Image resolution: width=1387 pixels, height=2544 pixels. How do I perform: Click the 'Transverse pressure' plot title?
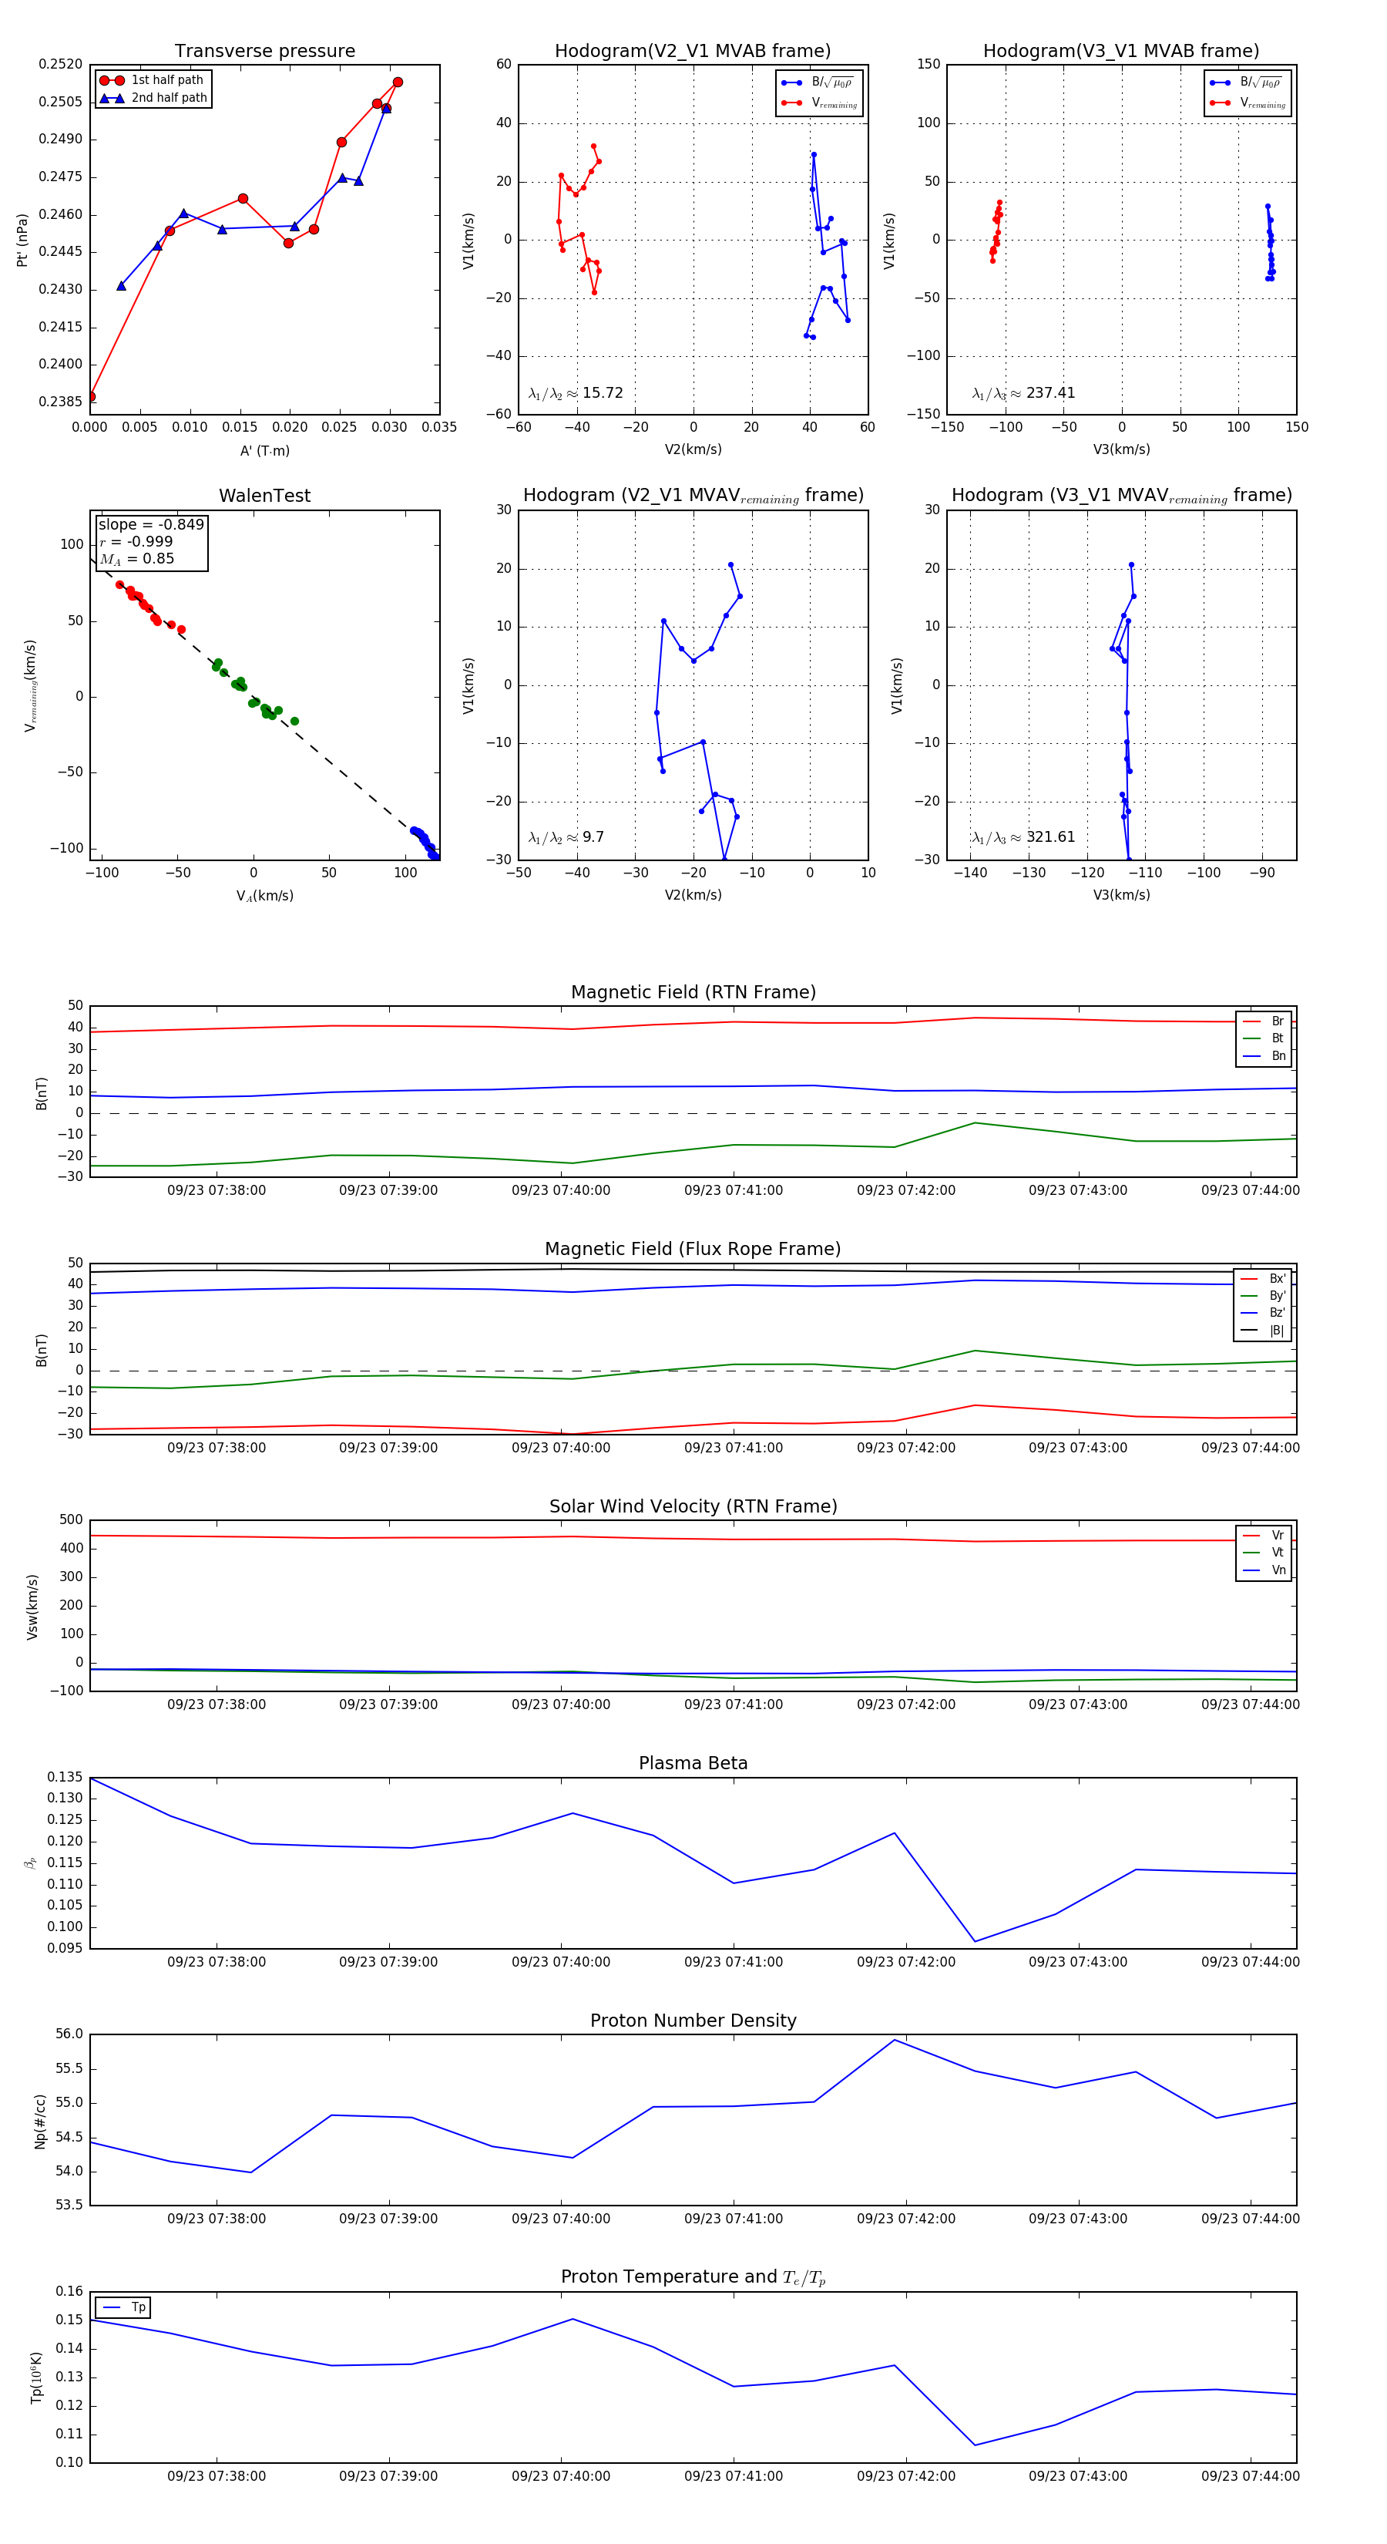coord(264,52)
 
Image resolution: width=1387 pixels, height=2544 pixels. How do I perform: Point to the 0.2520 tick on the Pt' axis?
coord(60,64)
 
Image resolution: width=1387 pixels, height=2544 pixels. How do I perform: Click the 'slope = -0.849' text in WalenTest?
coord(151,524)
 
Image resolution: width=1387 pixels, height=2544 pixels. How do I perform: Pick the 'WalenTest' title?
coord(264,496)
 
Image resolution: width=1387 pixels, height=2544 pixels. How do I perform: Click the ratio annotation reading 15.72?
coord(576,393)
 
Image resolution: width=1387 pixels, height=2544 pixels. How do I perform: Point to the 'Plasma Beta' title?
coord(693,1764)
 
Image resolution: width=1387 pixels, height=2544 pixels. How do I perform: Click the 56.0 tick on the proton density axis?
coord(69,2034)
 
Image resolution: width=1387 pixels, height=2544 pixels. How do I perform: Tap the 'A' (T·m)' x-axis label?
coord(264,451)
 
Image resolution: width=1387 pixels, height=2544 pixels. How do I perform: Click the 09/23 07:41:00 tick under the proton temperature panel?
coord(734,2476)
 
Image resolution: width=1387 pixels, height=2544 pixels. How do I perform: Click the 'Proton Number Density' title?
coord(693,2021)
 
